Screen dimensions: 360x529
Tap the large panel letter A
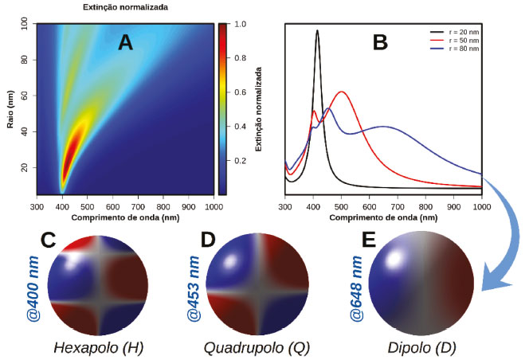click(125, 43)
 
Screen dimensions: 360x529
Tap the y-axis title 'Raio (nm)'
click(8, 109)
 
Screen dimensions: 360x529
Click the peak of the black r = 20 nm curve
click(317, 32)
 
